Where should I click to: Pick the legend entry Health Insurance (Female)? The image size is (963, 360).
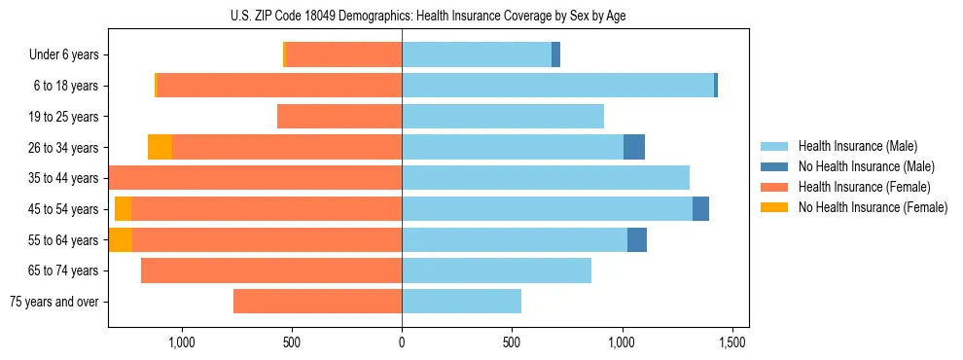coord(864,187)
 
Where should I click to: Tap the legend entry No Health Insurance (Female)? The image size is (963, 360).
coord(873,207)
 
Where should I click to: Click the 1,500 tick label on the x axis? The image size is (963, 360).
coord(731,342)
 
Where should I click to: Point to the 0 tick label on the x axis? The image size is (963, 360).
coord(402,342)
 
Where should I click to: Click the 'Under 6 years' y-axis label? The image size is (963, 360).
coord(64,55)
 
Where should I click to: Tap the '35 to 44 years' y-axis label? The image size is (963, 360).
coord(63,178)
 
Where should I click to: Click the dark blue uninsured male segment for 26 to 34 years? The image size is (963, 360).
coord(634,147)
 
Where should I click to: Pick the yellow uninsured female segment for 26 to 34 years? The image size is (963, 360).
coord(160,147)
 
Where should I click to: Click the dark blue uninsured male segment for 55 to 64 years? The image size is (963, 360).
coord(637,239)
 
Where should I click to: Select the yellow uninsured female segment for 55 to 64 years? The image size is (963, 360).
coord(121,239)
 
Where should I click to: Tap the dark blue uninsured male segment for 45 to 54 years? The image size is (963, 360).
coord(700,208)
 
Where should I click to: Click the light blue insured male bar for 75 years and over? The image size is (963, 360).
coord(461,302)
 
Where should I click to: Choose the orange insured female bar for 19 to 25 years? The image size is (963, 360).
coord(339,117)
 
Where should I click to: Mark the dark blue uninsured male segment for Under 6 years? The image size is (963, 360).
coord(555,55)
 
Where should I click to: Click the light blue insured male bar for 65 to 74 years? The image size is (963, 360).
coord(496,270)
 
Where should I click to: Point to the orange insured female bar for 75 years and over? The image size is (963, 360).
coord(317,302)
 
